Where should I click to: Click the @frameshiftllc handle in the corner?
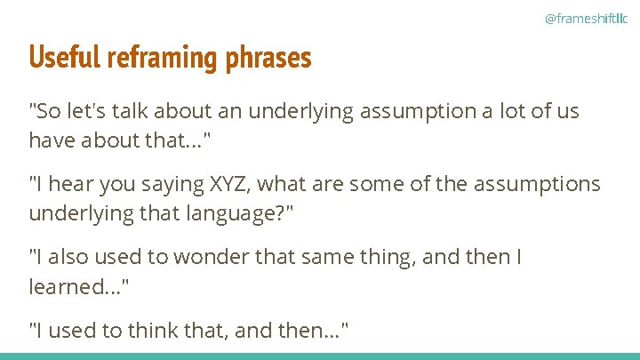click(585, 19)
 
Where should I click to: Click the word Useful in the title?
click(65, 58)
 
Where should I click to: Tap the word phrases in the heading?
click(268, 58)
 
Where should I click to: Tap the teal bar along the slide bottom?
click(320, 356)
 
